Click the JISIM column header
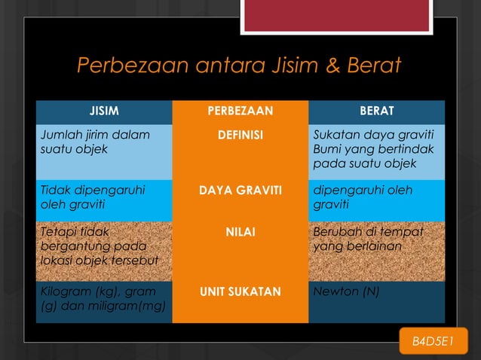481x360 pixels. coord(104,112)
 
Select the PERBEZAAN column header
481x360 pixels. coord(240,112)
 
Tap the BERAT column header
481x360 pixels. coord(376,112)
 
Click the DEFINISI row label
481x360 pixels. coord(240,135)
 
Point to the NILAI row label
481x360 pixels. coord(240,233)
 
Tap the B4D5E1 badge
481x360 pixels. coord(434,343)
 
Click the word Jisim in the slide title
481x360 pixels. coord(285,67)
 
